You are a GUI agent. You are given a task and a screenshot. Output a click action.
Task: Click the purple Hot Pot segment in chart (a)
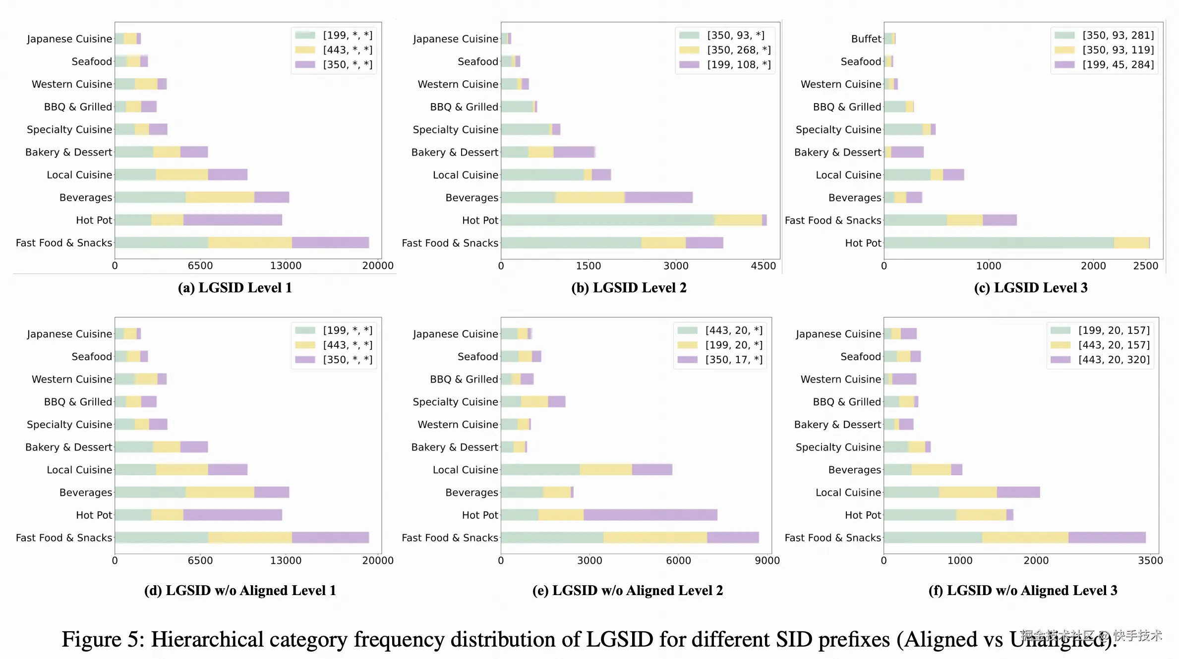(x=232, y=220)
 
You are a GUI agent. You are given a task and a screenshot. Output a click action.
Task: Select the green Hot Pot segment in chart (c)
(x=999, y=243)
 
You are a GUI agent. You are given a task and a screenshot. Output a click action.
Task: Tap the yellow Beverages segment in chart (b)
(x=590, y=198)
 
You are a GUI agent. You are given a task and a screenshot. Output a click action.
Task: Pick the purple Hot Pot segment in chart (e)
(x=650, y=515)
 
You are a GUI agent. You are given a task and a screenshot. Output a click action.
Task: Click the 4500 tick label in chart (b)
(x=763, y=266)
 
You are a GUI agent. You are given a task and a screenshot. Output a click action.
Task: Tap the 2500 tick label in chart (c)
(x=1145, y=266)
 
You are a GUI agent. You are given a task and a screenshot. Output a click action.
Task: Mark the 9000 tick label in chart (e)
(x=767, y=561)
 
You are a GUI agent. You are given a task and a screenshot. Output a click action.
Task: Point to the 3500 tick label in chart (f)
(x=1150, y=561)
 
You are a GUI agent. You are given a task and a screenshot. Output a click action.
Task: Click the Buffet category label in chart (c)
(x=866, y=39)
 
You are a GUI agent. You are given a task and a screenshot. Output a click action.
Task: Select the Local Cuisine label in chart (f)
(x=848, y=493)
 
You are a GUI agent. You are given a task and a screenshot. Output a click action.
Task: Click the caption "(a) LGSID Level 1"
(x=235, y=288)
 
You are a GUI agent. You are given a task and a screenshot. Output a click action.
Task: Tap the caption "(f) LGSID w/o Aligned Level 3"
(x=1022, y=591)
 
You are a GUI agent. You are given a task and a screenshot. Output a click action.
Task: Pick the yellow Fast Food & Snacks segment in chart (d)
(x=250, y=538)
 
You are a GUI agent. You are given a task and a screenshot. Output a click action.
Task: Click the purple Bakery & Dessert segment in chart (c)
(x=907, y=152)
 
